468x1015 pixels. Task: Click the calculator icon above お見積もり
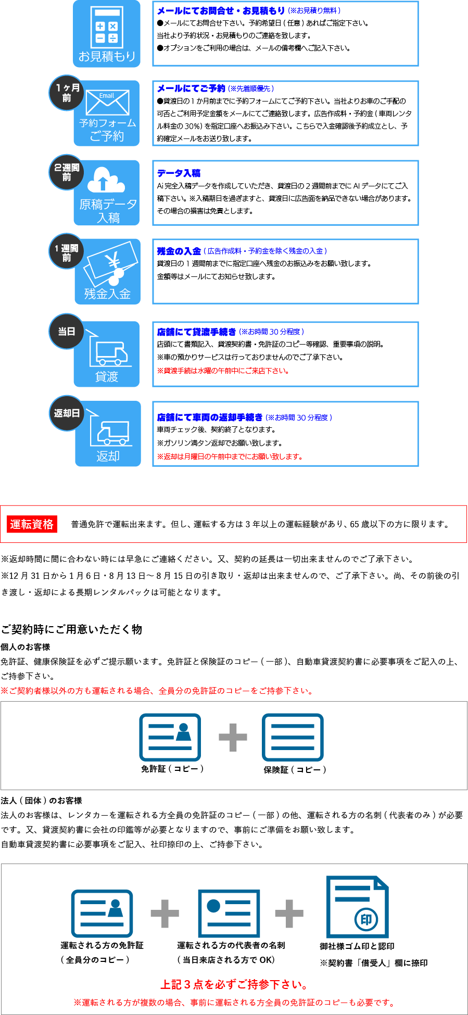pyautogui.click(x=107, y=26)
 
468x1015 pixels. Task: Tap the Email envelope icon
pyautogui.click(x=107, y=103)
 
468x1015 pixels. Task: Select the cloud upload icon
pyautogui.click(x=106, y=180)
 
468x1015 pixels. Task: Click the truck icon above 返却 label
pyautogui.click(x=112, y=432)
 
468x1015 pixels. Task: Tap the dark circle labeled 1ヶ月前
pyautogui.click(x=67, y=93)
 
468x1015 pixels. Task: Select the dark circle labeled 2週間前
pyautogui.click(x=67, y=172)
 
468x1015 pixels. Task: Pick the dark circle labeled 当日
pyautogui.click(x=67, y=332)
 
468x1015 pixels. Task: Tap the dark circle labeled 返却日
pyautogui.click(x=67, y=413)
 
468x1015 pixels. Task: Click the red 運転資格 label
pyautogui.click(x=32, y=524)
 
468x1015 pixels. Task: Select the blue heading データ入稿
pyautogui.click(x=179, y=173)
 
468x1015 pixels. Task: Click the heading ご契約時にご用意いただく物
pyautogui.click(x=71, y=629)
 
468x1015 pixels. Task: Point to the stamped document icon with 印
pyautogui.click(x=358, y=907)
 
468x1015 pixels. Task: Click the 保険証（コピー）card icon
pyautogui.click(x=293, y=737)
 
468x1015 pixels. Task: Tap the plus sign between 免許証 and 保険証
pyautogui.click(x=233, y=737)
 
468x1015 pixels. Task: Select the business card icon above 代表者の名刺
pyautogui.click(x=229, y=913)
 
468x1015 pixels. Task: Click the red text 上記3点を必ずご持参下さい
pyautogui.click(x=234, y=984)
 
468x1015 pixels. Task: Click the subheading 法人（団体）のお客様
pyautogui.click(x=42, y=801)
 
